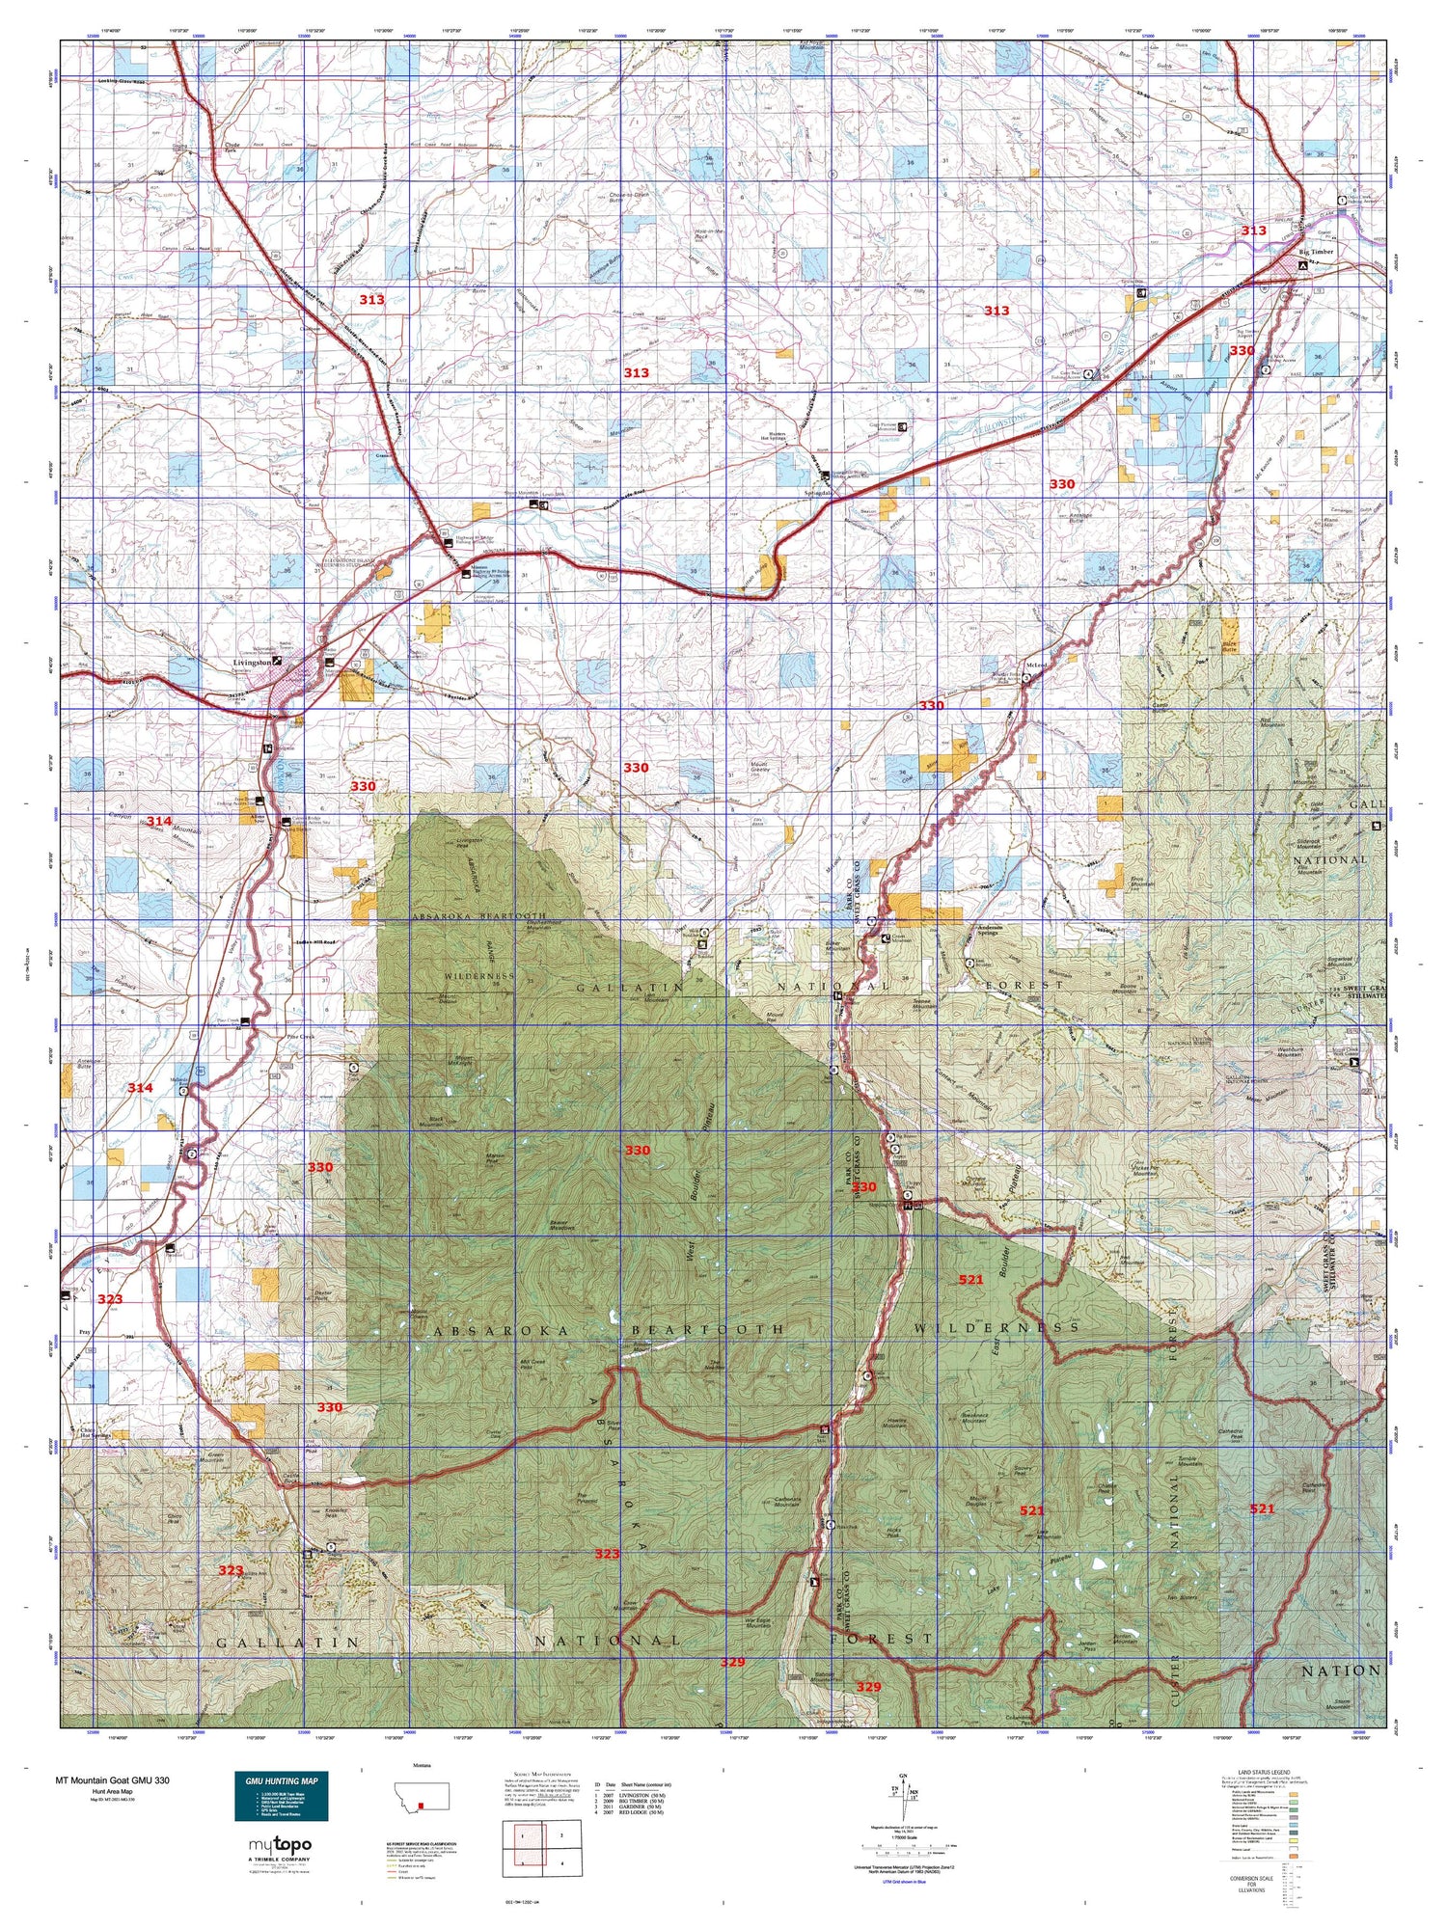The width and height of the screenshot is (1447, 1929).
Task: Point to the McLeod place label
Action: (1037, 666)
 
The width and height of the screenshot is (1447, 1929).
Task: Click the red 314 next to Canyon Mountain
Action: (158, 821)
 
